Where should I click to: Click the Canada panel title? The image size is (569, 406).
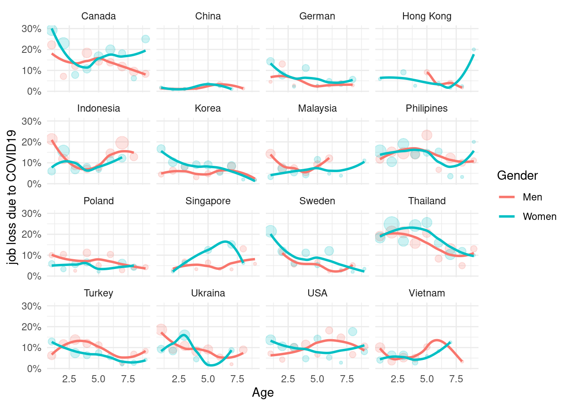98,16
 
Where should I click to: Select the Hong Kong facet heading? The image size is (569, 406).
427,16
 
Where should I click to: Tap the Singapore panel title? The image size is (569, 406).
208,201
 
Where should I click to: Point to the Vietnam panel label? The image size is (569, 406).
427,293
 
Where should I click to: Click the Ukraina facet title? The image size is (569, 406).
208,293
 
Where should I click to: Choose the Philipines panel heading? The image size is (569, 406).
427,108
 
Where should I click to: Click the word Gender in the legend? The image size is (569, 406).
517,176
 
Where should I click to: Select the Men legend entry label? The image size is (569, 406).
532,197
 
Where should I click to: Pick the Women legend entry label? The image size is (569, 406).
539,217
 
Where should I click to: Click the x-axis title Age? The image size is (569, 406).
263,392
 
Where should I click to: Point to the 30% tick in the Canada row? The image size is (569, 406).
31,29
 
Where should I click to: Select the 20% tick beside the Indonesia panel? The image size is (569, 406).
31,142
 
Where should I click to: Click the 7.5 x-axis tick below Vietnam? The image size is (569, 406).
456,379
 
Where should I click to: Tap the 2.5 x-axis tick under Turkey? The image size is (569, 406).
69,379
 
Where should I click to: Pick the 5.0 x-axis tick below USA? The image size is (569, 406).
317,379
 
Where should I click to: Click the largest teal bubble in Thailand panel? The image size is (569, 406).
392,225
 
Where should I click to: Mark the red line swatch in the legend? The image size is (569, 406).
507,197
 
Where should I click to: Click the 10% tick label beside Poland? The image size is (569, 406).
31,255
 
